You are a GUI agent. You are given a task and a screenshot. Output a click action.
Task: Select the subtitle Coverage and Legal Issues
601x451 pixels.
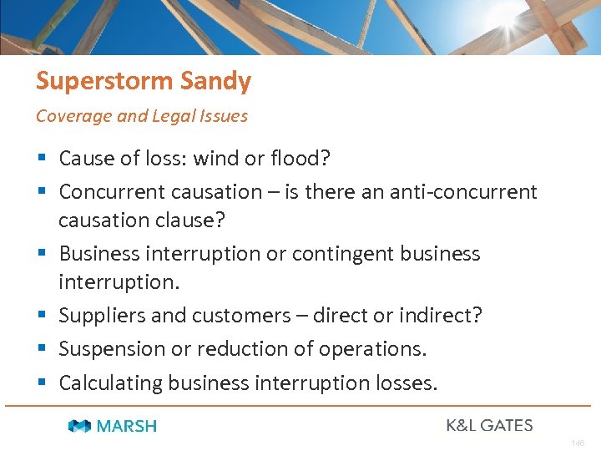tap(142, 116)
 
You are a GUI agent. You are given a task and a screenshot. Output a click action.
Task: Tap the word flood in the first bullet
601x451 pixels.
tap(307, 158)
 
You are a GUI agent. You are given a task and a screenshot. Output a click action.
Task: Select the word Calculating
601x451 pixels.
tap(110, 383)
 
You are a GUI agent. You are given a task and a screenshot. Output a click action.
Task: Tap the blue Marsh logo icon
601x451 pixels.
tap(80, 427)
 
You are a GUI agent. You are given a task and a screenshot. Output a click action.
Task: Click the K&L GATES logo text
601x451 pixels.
tap(489, 426)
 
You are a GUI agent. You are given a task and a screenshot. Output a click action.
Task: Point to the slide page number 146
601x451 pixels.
tap(578, 443)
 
